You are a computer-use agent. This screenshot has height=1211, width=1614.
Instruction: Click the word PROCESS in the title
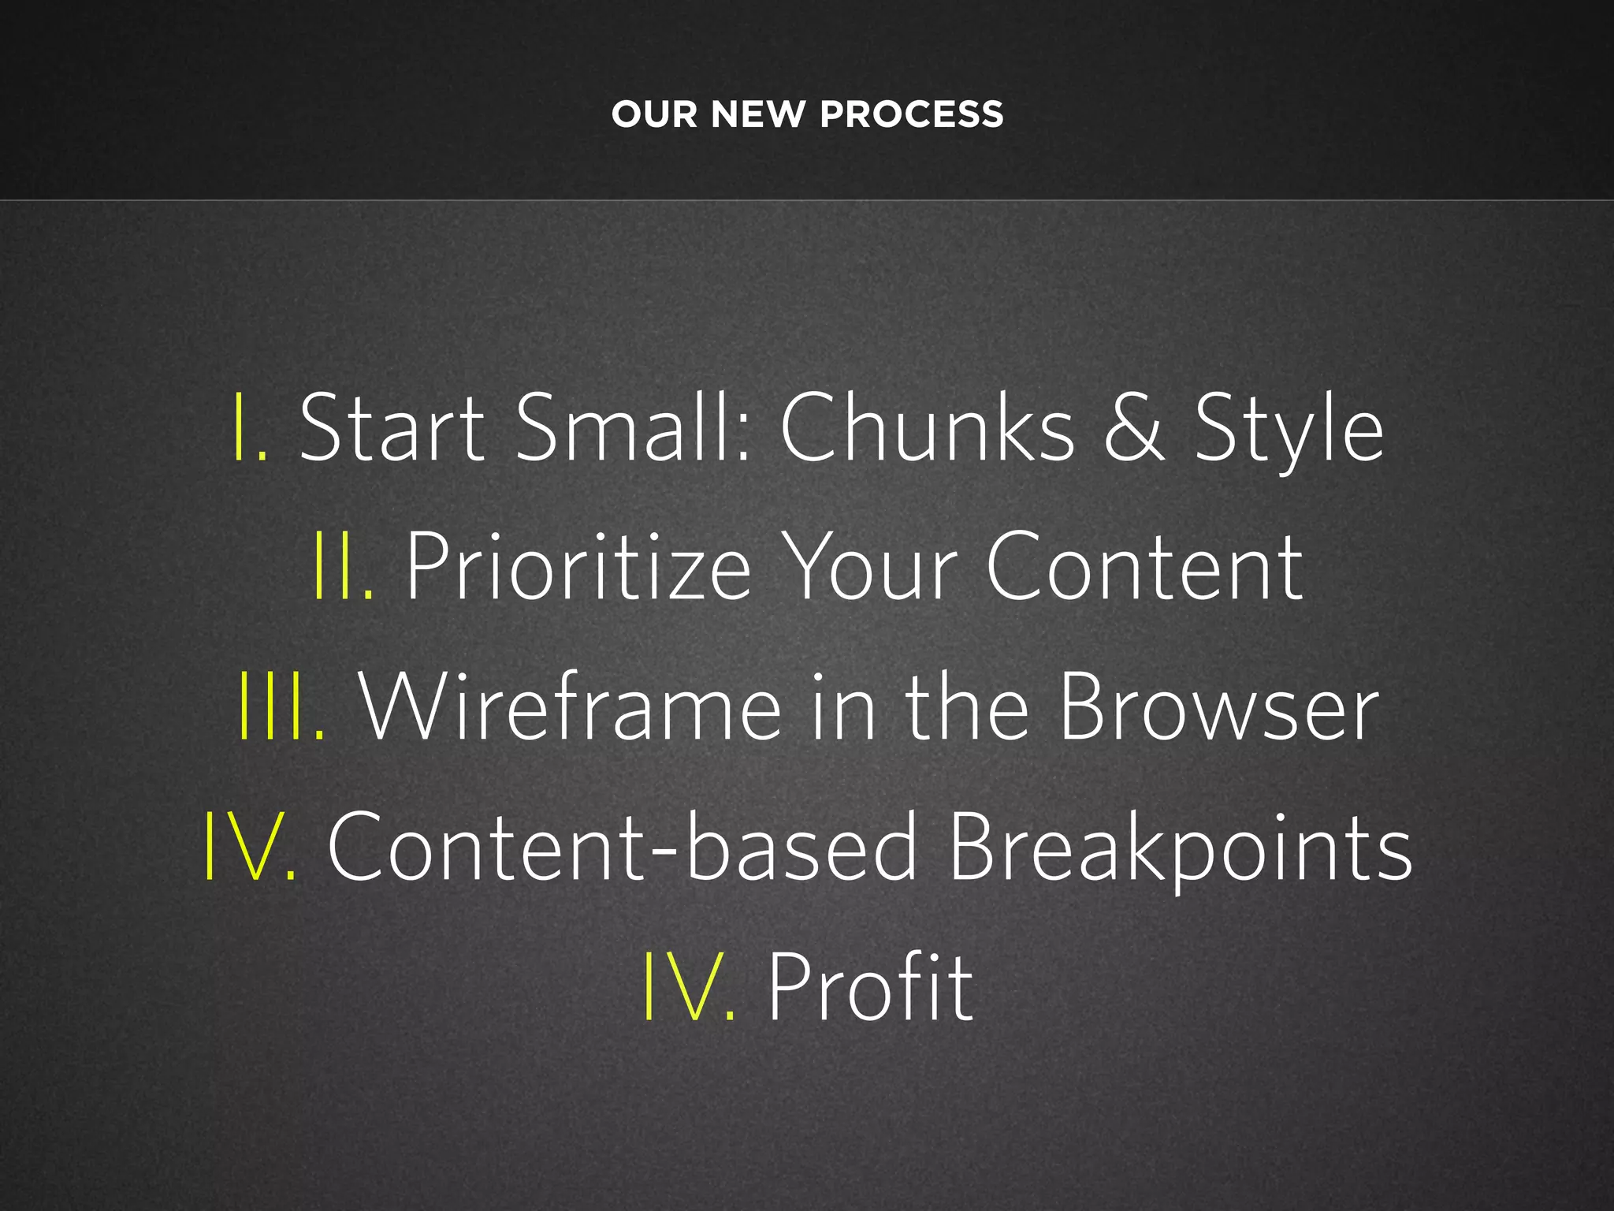click(911, 115)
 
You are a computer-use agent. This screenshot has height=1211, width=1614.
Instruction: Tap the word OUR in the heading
click(654, 115)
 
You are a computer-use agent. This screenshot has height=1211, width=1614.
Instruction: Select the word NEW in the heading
click(758, 115)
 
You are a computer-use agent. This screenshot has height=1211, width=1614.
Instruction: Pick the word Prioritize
click(578, 566)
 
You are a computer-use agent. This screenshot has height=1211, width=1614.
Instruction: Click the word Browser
click(1217, 706)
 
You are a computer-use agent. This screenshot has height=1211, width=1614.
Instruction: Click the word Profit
click(871, 986)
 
